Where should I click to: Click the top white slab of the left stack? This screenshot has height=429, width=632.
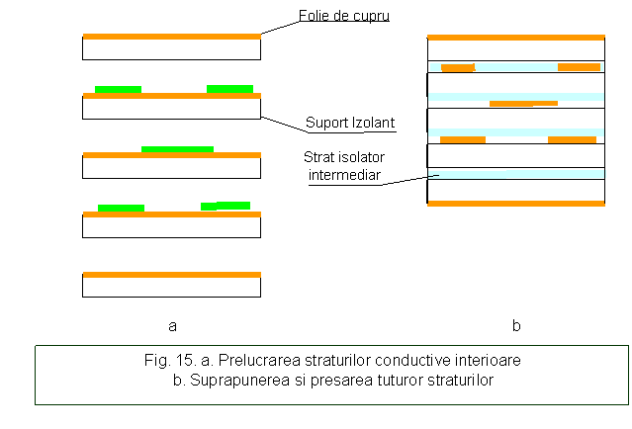click(x=171, y=49)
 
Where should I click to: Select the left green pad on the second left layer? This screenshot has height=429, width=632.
click(x=118, y=89)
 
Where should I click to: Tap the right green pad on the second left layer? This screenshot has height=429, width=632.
click(x=229, y=89)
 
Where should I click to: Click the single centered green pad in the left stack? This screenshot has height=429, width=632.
click(x=177, y=149)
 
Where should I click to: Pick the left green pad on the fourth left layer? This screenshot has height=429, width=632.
click(x=121, y=208)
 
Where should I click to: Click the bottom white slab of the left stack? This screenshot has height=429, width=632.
click(x=171, y=287)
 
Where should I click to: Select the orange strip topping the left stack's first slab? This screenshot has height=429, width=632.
click(x=171, y=37)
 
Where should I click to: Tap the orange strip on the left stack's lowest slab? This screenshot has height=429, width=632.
click(x=171, y=275)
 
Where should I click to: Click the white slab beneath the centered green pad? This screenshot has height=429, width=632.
click(x=171, y=168)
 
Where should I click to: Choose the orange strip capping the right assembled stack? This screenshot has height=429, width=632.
click(x=515, y=38)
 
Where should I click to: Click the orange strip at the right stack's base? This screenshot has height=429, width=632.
click(x=515, y=204)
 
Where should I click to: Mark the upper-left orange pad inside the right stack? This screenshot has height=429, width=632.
click(x=457, y=68)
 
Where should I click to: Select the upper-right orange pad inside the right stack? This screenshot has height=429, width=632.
click(x=579, y=67)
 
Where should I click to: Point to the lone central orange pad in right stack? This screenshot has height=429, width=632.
click(x=523, y=103)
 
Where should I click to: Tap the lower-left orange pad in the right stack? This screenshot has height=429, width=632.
click(x=462, y=139)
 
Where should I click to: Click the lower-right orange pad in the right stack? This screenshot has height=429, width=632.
click(x=572, y=139)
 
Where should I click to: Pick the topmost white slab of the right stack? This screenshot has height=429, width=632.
click(x=515, y=50)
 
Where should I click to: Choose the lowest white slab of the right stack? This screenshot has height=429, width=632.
click(x=515, y=190)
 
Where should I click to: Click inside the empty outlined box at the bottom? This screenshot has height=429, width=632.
click(x=331, y=375)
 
